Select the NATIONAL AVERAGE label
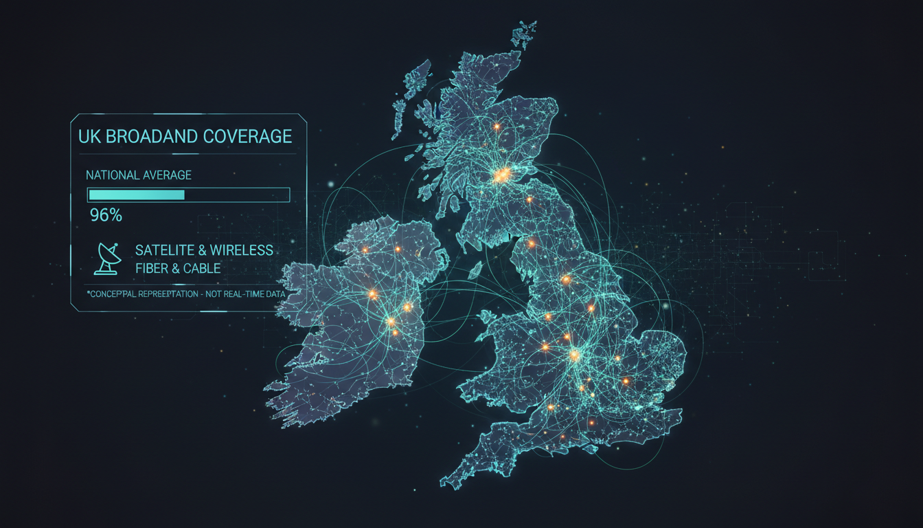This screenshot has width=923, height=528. coord(139,175)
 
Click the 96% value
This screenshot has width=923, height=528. coord(106,215)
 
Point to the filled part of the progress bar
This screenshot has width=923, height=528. coord(137,195)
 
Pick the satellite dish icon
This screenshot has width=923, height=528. coord(108,258)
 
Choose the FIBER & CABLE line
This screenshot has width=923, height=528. coord(178,267)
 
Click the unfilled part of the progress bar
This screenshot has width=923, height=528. coord(236,195)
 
